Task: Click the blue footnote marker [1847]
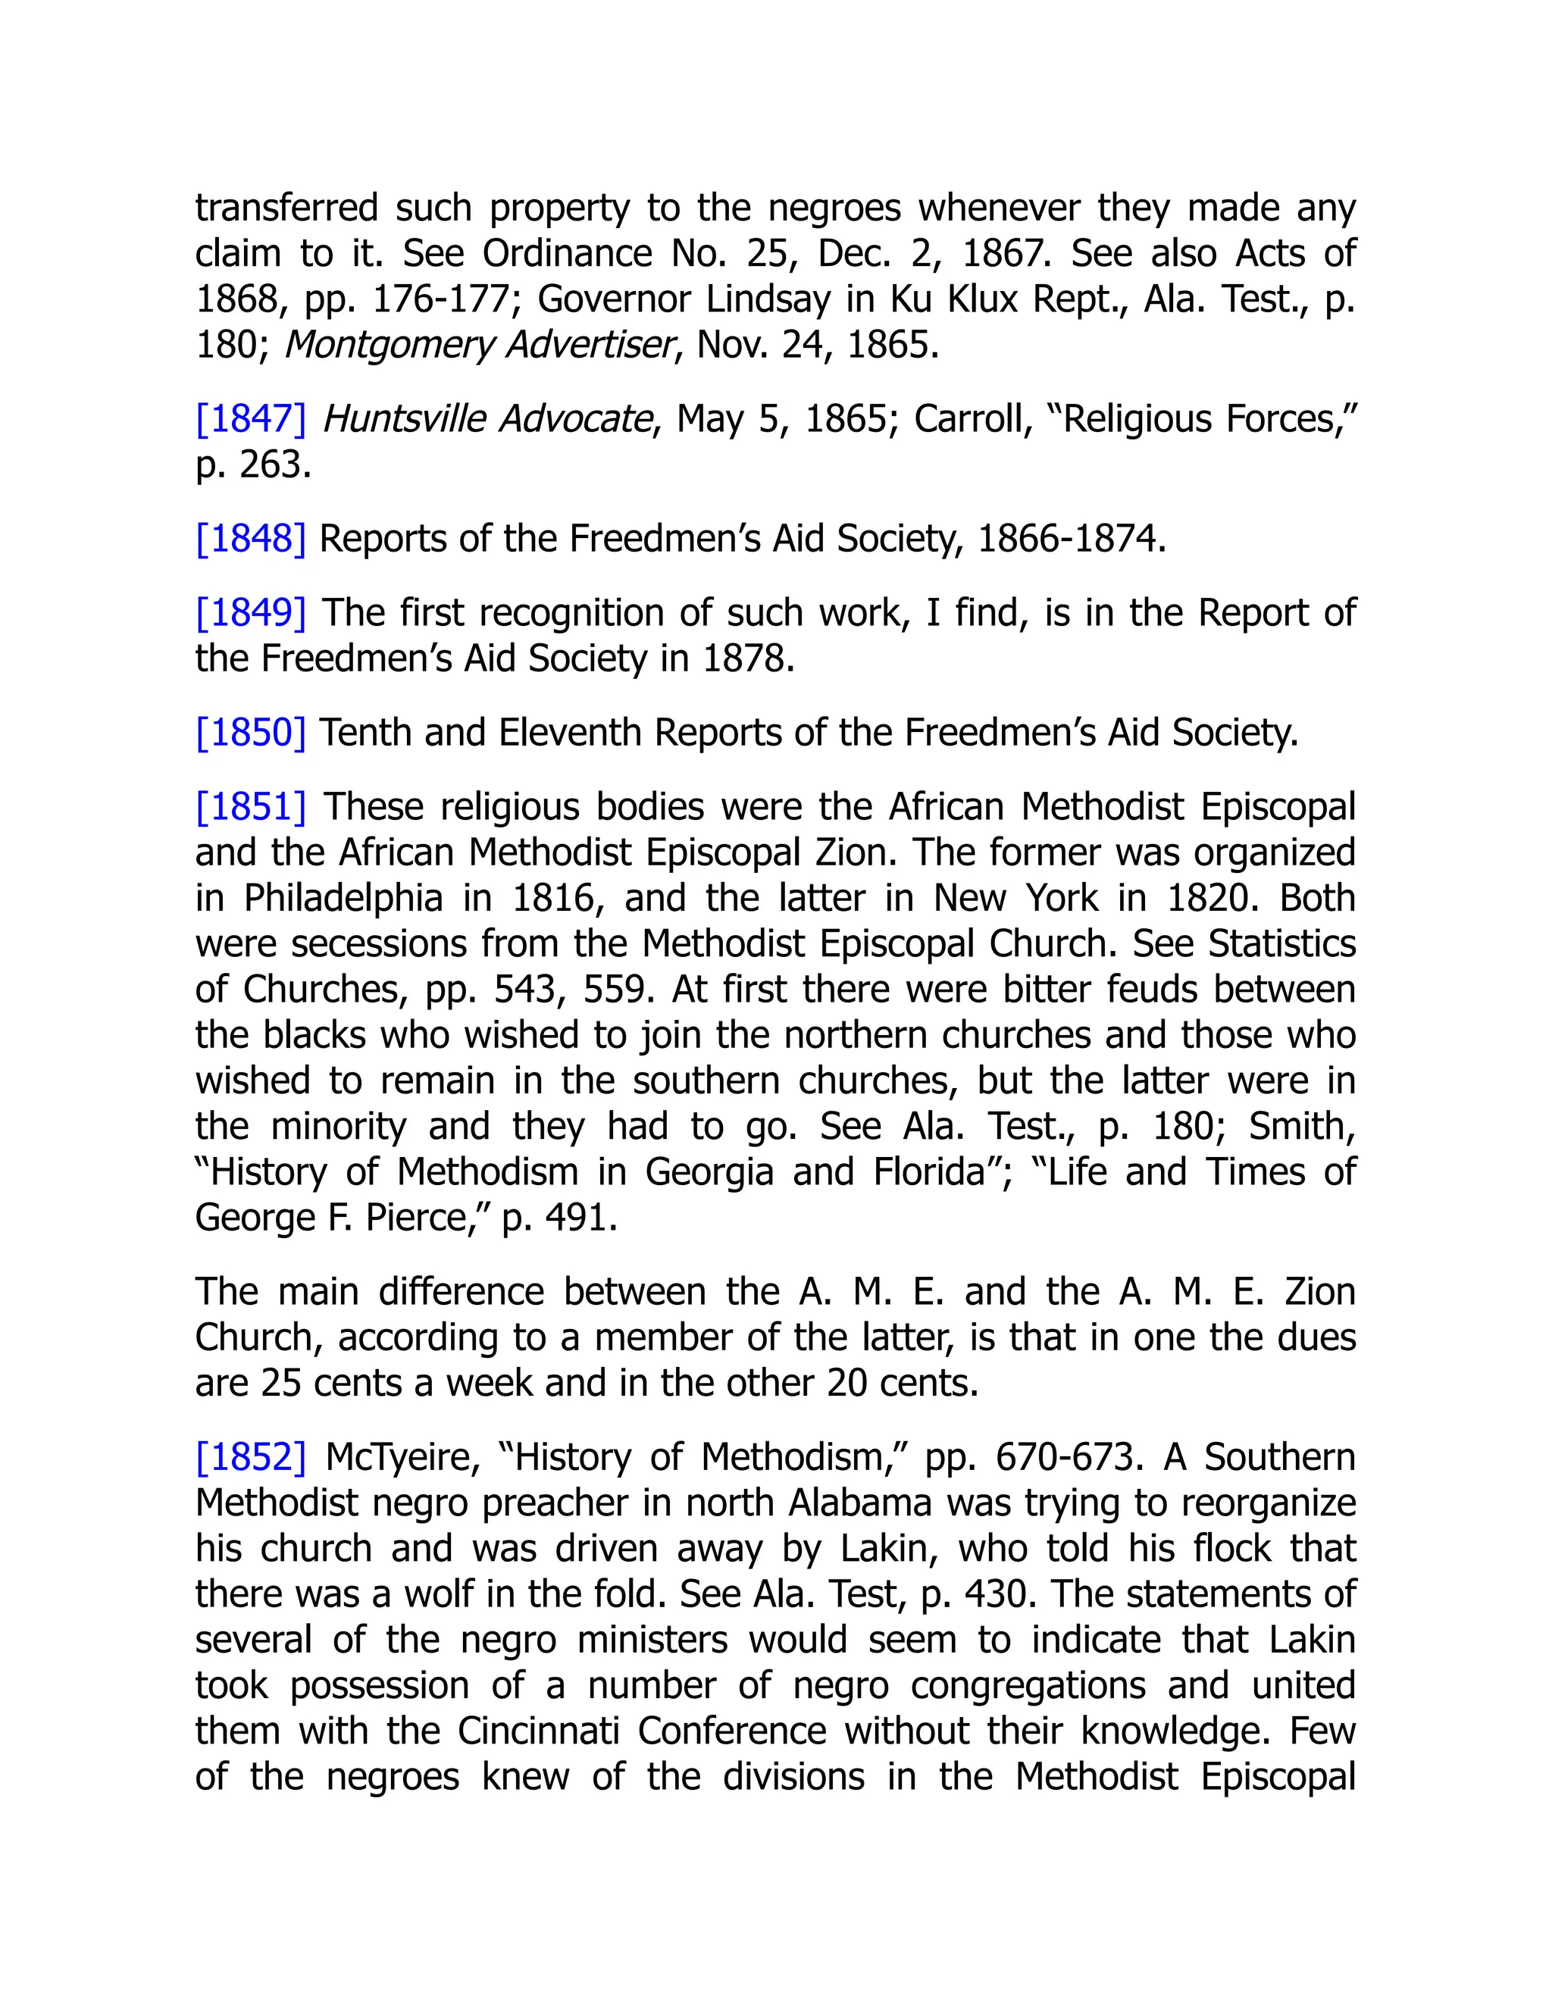pyautogui.click(x=250, y=419)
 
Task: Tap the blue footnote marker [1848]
pyautogui.click(x=250, y=539)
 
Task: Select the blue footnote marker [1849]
pyautogui.click(x=250, y=613)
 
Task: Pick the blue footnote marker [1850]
pyautogui.click(x=250, y=733)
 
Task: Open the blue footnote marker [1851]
pyautogui.click(x=250, y=807)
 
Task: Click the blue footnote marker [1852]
pyautogui.click(x=250, y=1457)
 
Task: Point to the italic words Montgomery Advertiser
pyautogui.click(x=479, y=345)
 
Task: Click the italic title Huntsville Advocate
pyautogui.click(x=487, y=419)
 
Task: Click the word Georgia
pyautogui.click(x=709, y=1172)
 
